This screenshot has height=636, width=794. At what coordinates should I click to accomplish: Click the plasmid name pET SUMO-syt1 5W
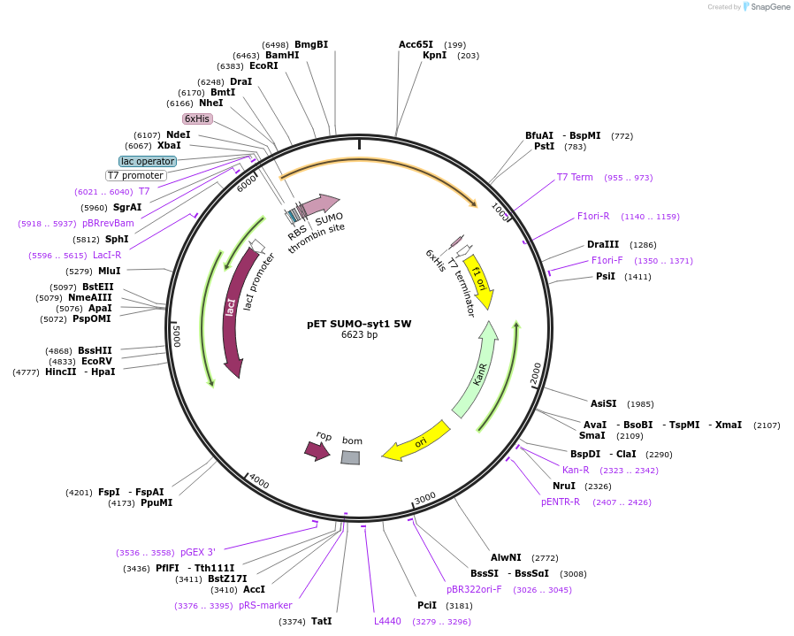[x=359, y=324]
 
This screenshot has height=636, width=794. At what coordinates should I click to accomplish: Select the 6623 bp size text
[x=359, y=335]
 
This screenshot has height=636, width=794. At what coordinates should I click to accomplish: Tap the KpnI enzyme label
[x=434, y=56]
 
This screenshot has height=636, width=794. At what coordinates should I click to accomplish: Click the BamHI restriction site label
[x=282, y=55]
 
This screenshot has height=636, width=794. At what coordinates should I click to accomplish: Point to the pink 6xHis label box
[x=197, y=119]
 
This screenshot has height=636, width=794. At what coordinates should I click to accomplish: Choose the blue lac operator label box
[x=148, y=161]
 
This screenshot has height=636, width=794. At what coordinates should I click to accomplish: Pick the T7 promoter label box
[x=135, y=175]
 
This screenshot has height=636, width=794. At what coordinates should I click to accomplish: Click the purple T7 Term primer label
[x=575, y=178]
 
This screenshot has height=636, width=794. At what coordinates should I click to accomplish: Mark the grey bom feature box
[x=351, y=457]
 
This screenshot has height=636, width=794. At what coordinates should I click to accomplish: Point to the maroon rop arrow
[x=317, y=451]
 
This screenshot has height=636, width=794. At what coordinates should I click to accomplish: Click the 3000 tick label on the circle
[x=425, y=498]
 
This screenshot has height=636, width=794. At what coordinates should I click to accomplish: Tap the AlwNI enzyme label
[x=507, y=558]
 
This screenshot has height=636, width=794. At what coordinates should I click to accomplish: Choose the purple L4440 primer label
[x=387, y=621]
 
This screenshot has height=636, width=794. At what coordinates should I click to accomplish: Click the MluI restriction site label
[x=110, y=271]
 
